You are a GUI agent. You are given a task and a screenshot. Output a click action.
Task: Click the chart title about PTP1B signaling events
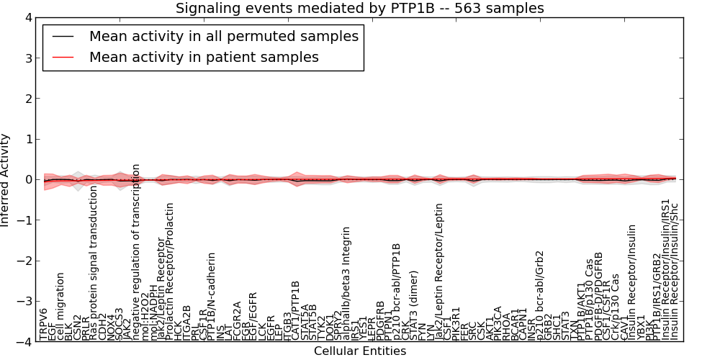(360, 8)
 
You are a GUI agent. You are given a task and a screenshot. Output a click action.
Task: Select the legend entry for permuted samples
(223, 36)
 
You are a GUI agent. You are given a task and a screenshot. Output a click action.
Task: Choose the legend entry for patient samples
(204, 57)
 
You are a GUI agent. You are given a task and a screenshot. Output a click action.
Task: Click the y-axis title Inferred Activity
(6, 180)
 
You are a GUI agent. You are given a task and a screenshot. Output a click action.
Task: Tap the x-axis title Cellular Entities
(360, 351)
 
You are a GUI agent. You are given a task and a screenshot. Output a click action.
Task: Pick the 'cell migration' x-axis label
(61, 306)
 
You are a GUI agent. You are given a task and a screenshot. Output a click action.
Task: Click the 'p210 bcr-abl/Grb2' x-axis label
(541, 295)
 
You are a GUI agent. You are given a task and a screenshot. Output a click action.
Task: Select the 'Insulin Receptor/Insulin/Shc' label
(675, 282)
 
